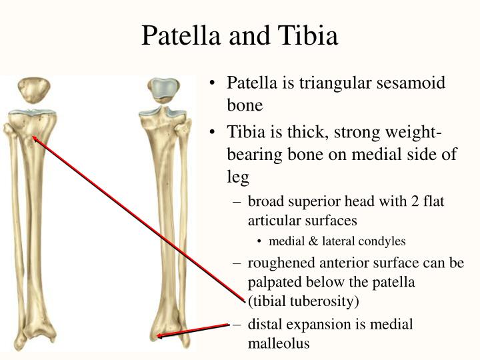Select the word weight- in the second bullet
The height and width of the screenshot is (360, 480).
425,132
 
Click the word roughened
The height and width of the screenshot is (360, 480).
279,263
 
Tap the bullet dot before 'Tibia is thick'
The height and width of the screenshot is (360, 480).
211,132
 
